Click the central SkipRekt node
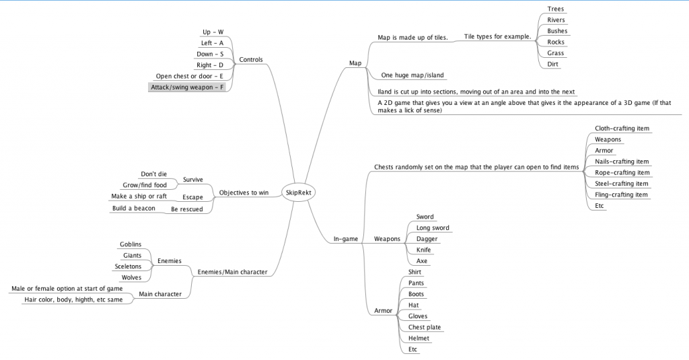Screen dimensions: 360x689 pyautogui.click(x=296, y=192)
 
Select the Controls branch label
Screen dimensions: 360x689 pyautogui.click(x=251, y=59)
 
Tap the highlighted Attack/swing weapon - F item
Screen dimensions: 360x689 pyautogui.click(x=187, y=87)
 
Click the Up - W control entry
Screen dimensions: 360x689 pyautogui.click(x=213, y=32)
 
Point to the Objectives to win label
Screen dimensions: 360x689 pyautogui.click(x=244, y=192)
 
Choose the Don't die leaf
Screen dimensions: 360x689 pyautogui.click(x=153, y=174)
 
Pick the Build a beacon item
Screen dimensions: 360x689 pyautogui.click(x=133, y=208)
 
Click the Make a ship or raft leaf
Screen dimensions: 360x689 pyautogui.click(x=139, y=196)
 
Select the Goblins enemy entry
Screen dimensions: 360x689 pyautogui.click(x=131, y=244)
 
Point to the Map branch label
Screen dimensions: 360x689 pyautogui.click(x=355, y=63)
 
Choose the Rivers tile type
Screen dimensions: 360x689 pyautogui.click(x=556, y=20)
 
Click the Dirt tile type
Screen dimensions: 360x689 pyautogui.click(x=552, y=64)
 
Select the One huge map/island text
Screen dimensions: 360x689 pyautogui.click(x=412, y=75)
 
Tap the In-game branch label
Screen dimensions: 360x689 pyautogui.click(x=346, y=238)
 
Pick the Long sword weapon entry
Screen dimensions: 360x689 pyautogui.click(x=433, y=228)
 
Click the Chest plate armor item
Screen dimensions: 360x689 pyautogui.click(x=425, y=327)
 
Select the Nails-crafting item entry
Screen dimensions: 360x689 pyautogui.click(x=622, y=161)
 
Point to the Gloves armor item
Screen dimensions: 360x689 pyautogui.click(x=418, y=316)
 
